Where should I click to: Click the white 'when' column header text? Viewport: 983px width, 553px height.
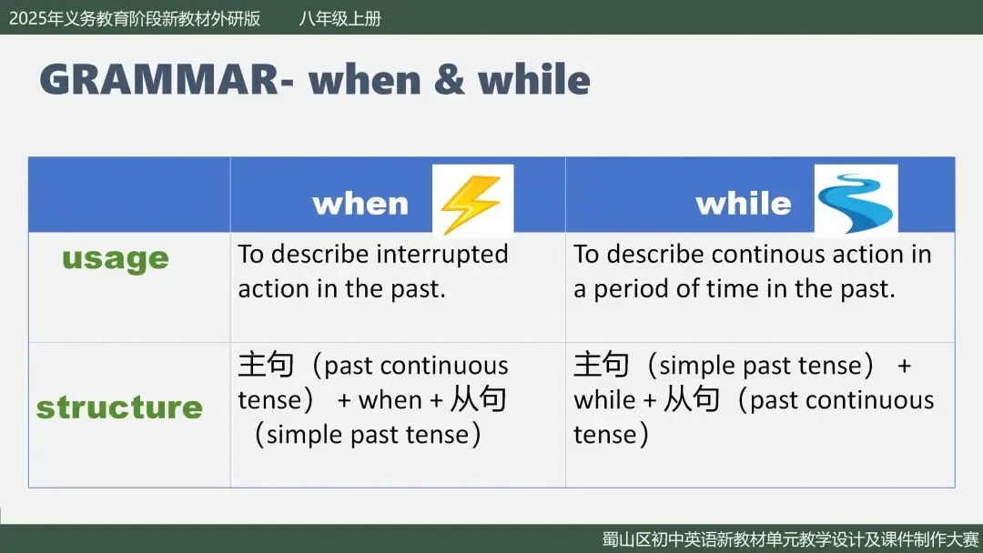[x=360, y=204]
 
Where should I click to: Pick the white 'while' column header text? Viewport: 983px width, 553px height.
[x=744, y=203]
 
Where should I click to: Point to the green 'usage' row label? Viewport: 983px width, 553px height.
[x=116, y=259]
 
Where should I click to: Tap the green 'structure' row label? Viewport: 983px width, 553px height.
[x=120, y=407]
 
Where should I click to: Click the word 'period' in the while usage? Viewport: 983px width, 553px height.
[x=631, y=289]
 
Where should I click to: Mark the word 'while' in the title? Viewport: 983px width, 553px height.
[x=534, y=79]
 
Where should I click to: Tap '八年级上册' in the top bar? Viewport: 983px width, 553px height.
[x=339, y=19]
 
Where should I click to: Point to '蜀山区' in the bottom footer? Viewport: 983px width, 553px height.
[x=626, y=539]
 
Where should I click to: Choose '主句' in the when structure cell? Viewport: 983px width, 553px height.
[x=266, y=365]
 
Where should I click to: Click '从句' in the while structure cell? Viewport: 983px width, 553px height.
[x=692, y=399]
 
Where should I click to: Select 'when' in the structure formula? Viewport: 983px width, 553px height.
[x=390, y=400]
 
